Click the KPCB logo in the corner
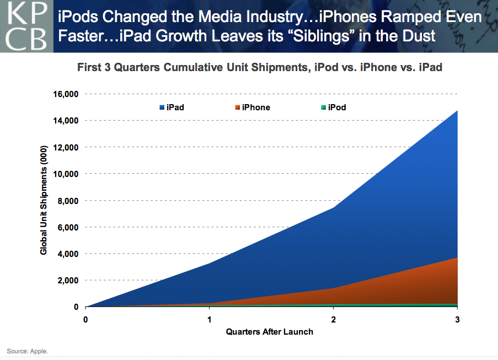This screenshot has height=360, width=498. [x=26, y=26]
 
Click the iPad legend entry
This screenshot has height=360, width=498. [x=172, y=108]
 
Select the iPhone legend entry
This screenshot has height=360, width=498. [x=251, y=108]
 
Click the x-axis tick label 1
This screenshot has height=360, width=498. [x=210, y=319]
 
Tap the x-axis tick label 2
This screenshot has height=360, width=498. [x=333, y=319]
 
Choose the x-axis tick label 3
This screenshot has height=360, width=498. [x=457, y=319]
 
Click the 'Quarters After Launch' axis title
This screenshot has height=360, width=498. [x=269, y=331]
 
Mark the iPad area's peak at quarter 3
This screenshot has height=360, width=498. [x=457, y=111]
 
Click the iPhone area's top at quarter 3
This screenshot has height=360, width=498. [x=457, y=258]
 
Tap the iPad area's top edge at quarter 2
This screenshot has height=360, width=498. [x=333, y=207]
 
